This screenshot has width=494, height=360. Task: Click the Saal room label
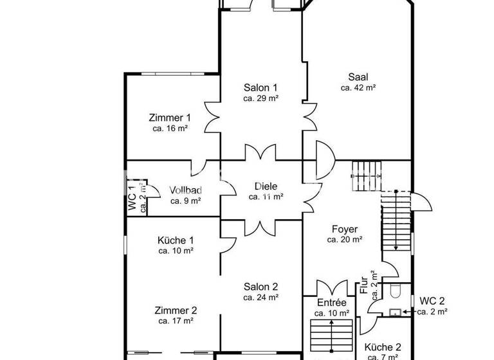pos(358,76)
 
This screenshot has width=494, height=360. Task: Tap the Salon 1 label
pos(261,87)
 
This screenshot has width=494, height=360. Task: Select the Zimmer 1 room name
pos(170,118)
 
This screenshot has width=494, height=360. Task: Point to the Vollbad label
pos(186,190)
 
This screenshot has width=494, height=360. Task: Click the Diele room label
pos(266,186)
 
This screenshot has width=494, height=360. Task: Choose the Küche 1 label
pos(176,240)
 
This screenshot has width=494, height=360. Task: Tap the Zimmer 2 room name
pos(176,310)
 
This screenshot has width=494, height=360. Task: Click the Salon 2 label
pos(261,287)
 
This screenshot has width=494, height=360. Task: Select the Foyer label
pos(345,229)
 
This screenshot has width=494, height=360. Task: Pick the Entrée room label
pos(332,303)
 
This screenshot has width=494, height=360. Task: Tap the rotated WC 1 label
pos(132,198)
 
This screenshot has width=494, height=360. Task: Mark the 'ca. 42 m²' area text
pos(358,87)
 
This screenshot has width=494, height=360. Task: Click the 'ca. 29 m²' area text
pos(261,98)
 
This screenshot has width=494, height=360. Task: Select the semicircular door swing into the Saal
pos(324,160)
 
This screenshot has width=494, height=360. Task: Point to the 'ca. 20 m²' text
pos(345,239)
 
